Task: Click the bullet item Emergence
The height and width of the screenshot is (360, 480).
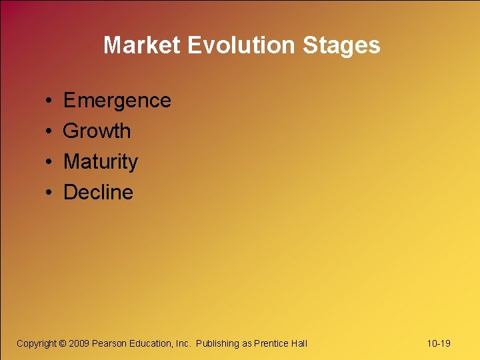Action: point(117,101)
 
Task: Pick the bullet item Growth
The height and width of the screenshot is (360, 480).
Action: point(97,131)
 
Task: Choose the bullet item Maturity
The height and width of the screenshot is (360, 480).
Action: point(100,162)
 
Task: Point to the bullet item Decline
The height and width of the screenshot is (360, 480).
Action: point(98,193)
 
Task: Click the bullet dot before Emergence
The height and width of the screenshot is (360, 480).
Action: point(50,101)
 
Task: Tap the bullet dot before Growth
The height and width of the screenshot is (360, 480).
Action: point(50,132)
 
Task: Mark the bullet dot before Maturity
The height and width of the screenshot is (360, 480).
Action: point(50,163)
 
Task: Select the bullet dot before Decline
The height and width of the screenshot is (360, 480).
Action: point(50,193)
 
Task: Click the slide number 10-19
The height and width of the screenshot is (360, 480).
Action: point(438,343)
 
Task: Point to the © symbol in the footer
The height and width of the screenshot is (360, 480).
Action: point(63,343)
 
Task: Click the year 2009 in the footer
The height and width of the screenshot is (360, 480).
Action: point(79,343)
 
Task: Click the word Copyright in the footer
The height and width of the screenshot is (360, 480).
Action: point(37,343)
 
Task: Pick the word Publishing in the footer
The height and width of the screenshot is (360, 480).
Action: point(217,343)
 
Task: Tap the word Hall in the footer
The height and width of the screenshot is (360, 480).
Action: point(299,343)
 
